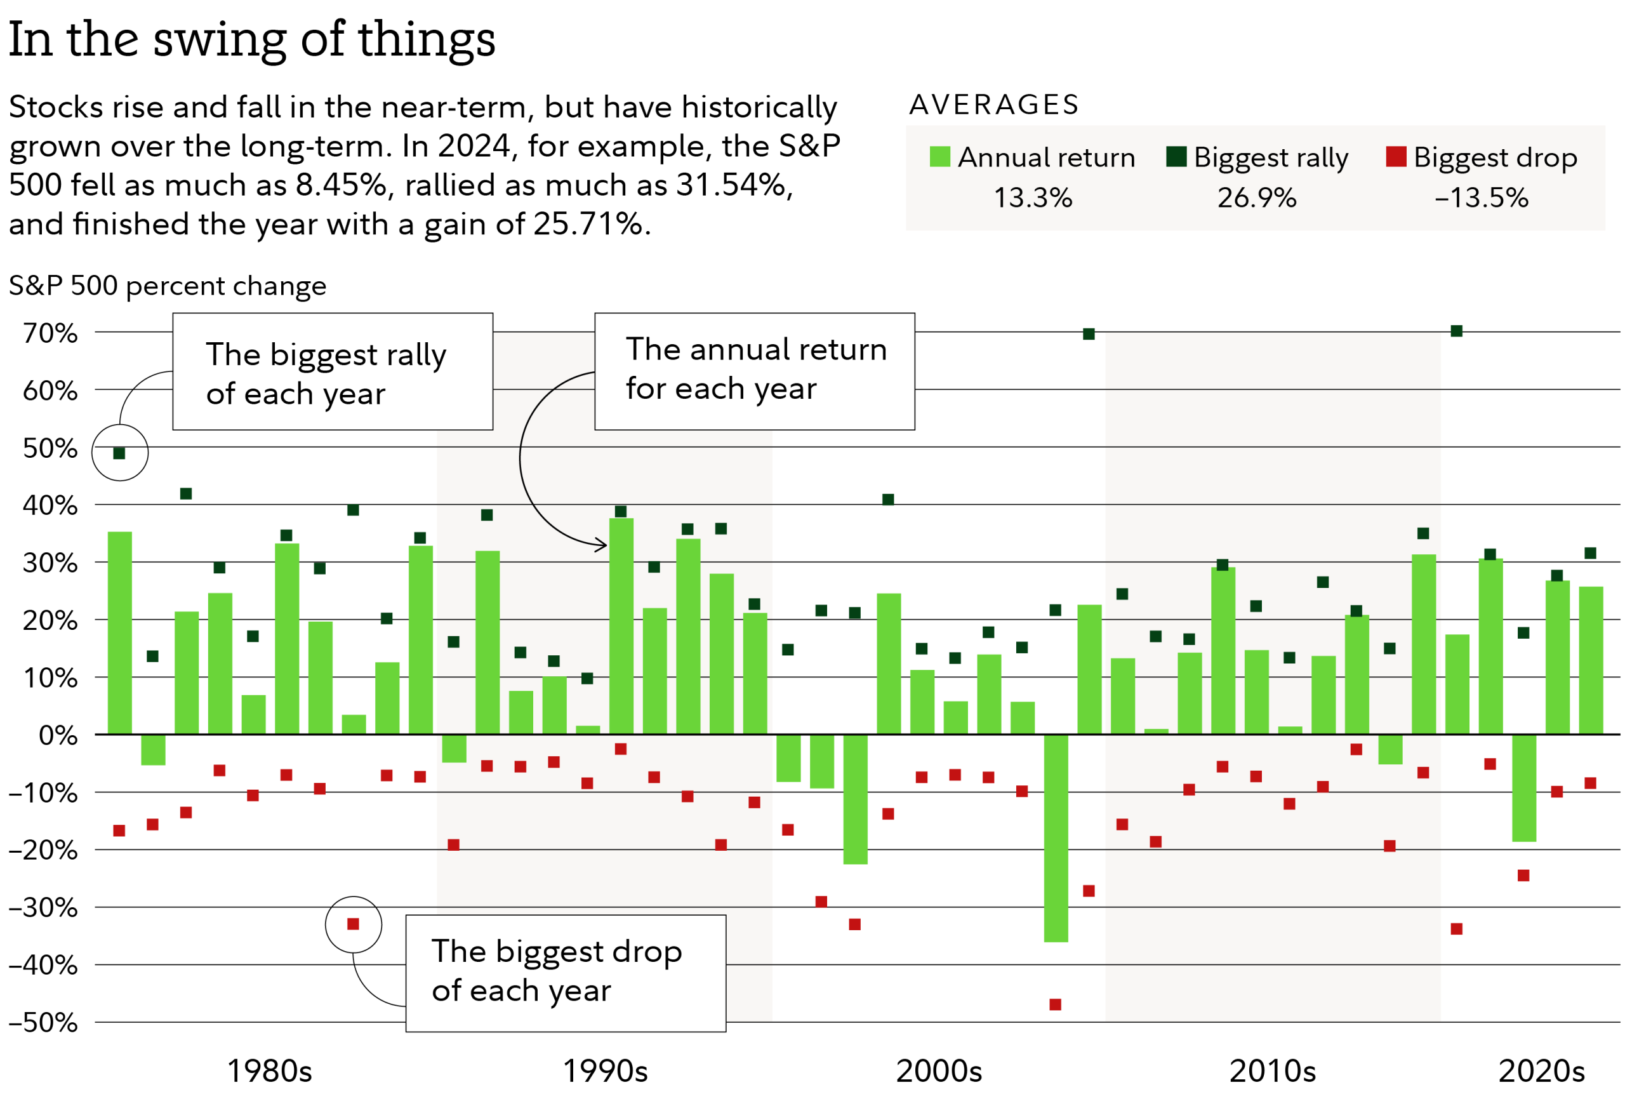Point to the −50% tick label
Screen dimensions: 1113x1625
43,1023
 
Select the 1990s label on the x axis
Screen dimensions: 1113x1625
605,1071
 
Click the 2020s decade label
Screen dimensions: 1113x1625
1541,1071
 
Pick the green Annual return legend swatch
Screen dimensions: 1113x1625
939,157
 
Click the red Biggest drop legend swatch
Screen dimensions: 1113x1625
1396,157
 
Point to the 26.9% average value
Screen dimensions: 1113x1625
1256,198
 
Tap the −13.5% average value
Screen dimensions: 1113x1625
1481,198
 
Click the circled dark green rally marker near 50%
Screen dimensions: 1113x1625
119,453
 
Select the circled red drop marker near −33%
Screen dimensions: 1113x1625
353,924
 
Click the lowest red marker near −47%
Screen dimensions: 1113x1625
1055,1004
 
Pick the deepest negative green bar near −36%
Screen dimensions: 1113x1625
1056,839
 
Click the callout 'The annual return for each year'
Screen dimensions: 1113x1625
755,370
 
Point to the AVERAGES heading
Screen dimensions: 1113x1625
993,105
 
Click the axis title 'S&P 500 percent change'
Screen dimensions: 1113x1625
168,286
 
